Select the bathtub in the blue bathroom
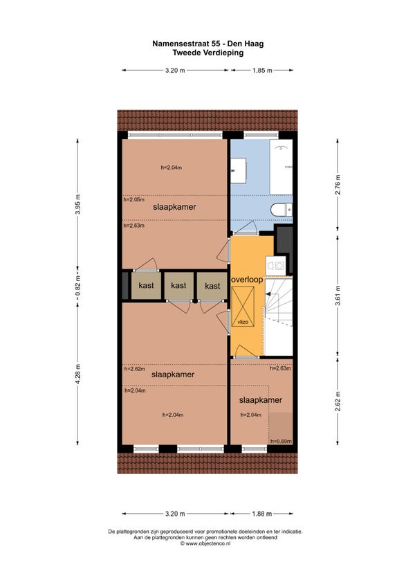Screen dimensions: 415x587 281,167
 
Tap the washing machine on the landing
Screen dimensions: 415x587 276,266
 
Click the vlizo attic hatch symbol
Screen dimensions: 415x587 243,306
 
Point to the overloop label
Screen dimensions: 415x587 247,280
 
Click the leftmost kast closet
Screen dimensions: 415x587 146,286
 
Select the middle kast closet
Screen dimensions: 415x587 179,286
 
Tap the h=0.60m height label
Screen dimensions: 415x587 281,442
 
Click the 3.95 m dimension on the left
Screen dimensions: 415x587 77,204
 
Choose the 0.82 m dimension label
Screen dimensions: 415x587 77,286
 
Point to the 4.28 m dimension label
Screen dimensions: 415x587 77,374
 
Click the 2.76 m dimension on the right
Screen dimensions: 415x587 338,185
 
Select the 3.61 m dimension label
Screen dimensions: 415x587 338,296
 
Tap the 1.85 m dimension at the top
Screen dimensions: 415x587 262,70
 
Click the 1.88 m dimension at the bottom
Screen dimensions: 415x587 262,514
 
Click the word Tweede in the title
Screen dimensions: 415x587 186,53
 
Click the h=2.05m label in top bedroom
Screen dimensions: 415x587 134,199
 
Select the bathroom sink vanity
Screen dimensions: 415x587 238,170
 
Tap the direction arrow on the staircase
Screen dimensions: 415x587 268,294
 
